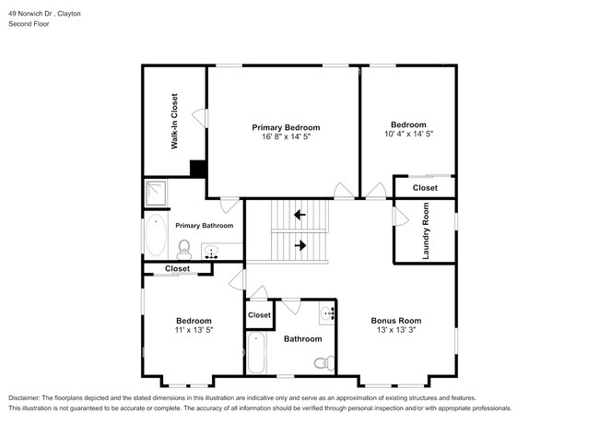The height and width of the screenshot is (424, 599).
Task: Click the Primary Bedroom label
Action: [286, 127]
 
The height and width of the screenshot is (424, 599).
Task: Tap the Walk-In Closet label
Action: [174, 121]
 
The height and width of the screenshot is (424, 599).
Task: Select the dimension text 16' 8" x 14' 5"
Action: [286, 136]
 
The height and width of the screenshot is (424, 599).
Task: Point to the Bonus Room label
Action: [396, 321]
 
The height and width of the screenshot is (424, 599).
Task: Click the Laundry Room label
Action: [426, 230]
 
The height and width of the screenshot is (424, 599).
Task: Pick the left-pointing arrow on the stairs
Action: [299, 215]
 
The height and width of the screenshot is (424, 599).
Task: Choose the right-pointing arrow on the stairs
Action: [300, 245]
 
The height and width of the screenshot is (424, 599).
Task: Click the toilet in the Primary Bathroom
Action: [184, 250]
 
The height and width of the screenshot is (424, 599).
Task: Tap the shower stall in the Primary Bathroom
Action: [156, 194]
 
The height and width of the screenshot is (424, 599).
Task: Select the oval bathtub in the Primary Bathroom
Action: [156, 235]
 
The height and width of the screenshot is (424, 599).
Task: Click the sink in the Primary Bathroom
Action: [211, 252]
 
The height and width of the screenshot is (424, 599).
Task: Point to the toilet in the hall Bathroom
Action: [324, 362]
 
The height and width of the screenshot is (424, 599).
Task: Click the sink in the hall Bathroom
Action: [327, 313]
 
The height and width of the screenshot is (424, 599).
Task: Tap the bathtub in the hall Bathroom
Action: [256, 353]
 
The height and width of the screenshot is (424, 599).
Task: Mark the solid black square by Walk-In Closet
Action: [198, 169]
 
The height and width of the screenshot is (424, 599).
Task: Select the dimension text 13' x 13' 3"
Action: [396, 330]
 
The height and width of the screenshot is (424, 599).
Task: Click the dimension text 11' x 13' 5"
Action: [194, 330]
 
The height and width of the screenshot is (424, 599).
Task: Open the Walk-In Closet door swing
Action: [200, 118]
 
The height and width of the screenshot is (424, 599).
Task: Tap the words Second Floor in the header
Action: [29, 24]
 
